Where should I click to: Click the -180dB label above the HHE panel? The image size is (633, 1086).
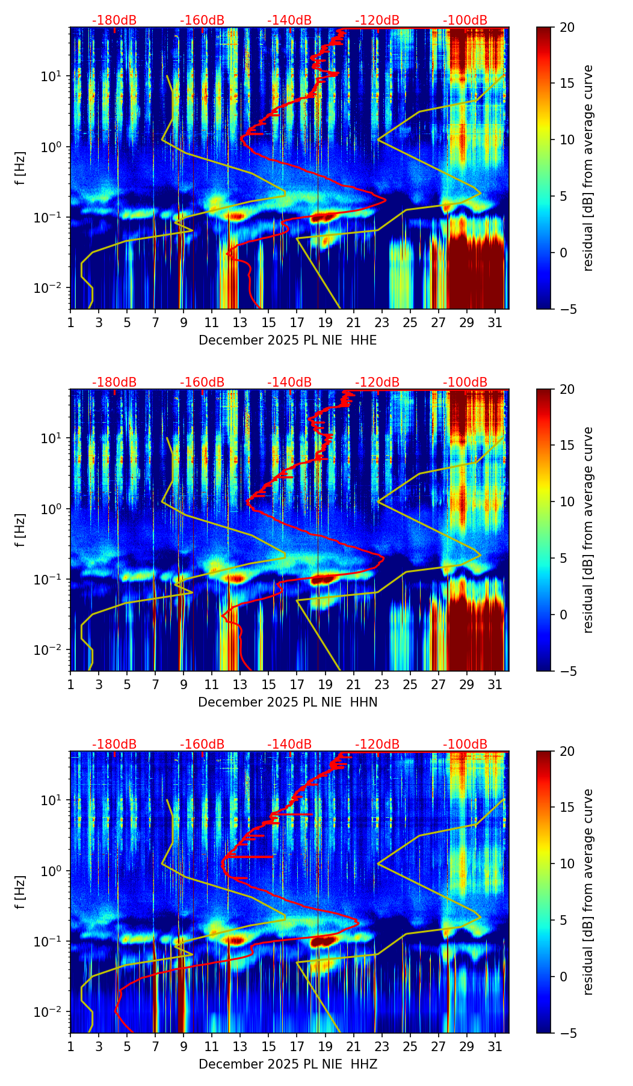114,20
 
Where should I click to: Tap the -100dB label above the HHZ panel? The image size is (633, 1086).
465,744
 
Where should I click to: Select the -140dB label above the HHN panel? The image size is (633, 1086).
289,382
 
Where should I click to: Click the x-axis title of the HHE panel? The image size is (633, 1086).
288,340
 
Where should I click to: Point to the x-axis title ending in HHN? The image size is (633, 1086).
288,702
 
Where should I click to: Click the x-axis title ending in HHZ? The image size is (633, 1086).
288,1064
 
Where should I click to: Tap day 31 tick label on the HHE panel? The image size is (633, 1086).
495,323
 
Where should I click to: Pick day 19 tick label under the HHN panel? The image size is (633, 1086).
325,685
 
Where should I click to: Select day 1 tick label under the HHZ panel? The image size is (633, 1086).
70,1047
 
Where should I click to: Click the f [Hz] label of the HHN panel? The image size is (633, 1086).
21,530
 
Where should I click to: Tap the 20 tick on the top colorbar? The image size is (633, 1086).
566,27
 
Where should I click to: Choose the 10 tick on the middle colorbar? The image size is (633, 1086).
566,502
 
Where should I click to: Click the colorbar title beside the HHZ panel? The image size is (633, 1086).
588,892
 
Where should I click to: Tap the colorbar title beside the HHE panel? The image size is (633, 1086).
588,168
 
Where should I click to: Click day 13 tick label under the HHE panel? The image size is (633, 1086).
240,323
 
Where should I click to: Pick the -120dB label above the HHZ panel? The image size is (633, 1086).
377,744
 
